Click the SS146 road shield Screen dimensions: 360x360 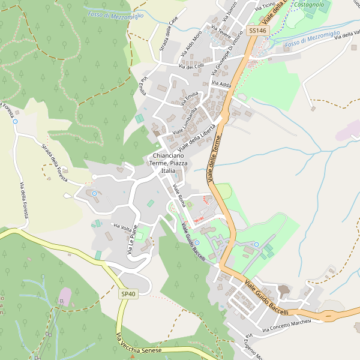tap(257, 31)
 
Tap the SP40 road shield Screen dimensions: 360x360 tap(128, 294)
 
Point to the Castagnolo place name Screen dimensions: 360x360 tap(310, 5)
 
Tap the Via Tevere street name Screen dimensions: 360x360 tap(221, 32)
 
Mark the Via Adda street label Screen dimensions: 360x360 tap(221, 85)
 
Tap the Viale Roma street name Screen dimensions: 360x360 tap(178, 197)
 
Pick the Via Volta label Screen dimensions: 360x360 tap(122, 227)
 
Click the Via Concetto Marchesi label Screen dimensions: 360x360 tap(287, 326)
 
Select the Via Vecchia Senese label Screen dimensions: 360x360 tap(139, 344)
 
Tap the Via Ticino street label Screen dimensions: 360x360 tap(265, 8)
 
